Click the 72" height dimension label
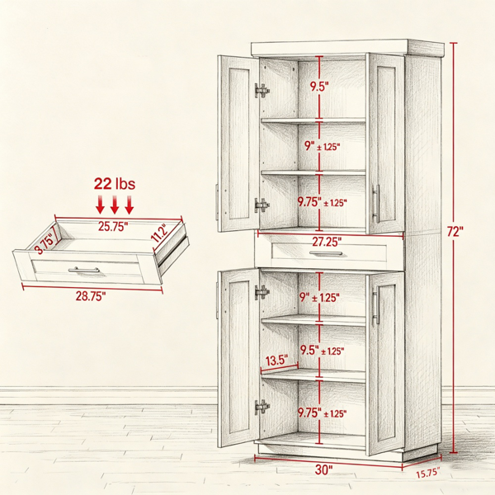click(455, 232)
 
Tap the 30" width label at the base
click(323, 469)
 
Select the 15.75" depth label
click(427, 473)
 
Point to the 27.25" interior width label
click(327, 242)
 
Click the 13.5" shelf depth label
click(277, 361)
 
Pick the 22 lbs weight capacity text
click(115, 183)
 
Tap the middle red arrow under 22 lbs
click(115, 205)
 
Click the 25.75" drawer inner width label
click(113, 226)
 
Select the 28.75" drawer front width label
click(90, 296)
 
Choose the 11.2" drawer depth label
click(159, 233)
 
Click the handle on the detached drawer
click(83, 270)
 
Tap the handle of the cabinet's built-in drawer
click(326, 253)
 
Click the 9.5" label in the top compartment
click(319, 86)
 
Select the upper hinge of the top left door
click(262, 91)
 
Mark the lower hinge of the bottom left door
click(262, 407)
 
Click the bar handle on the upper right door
click(376, 204)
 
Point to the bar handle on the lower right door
click(376, 308)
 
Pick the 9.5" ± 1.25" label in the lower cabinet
click(322, 351)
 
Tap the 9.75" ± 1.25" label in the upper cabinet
click(323, 202)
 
